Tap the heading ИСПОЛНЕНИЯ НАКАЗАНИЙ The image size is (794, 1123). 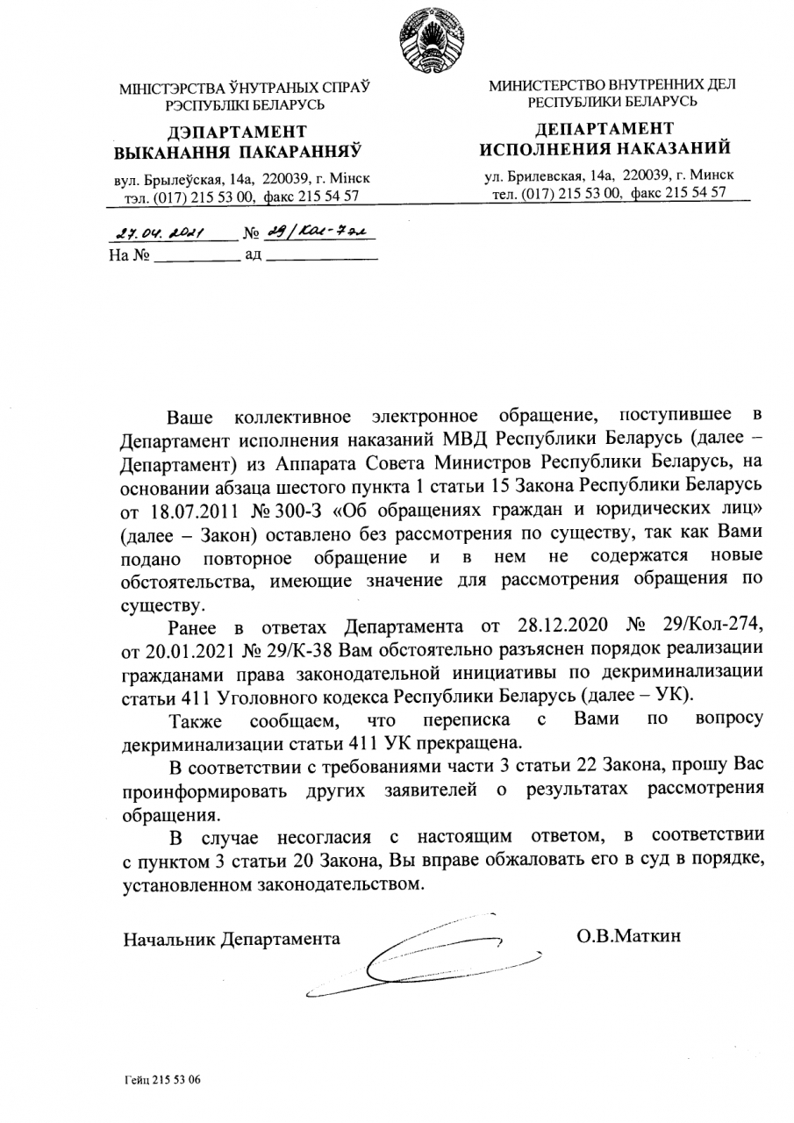click(612, 146)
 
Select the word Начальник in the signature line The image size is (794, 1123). click(168, 940)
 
